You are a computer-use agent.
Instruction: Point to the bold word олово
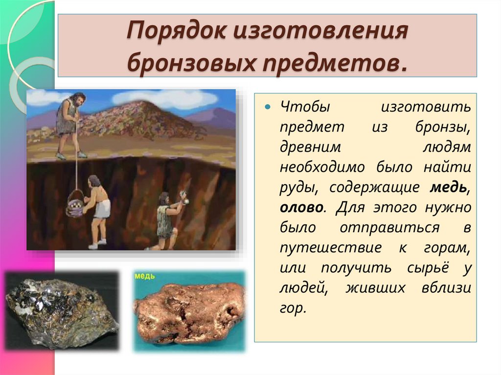(x=301, y=207)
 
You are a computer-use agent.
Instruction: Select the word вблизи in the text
(x=446, y=288)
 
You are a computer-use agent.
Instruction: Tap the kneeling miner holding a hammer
(x=166, y=220)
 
